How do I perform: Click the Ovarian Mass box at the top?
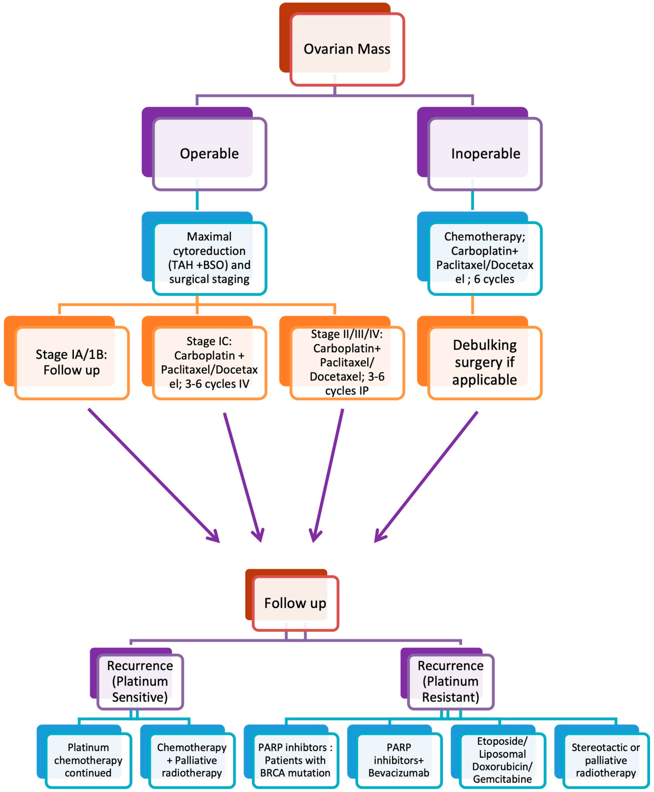coord(347,49)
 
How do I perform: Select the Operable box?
coord(209,154)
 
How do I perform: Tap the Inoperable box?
coord(485,154)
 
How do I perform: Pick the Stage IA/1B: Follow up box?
coord(72,362)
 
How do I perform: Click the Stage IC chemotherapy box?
coord(209,362)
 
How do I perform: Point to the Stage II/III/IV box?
coord(347,362)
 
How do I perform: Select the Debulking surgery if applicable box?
coord(485,362)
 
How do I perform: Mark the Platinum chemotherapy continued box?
coord(88,760)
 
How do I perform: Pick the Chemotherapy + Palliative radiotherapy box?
coord(192,760)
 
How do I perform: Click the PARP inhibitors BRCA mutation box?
coord(295,760)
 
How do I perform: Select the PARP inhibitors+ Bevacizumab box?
coord(399,760)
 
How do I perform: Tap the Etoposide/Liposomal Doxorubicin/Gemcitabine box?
coord(503,760)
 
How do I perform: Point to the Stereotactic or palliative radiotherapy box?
coord(606,760)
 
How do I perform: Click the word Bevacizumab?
coord(399,773)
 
